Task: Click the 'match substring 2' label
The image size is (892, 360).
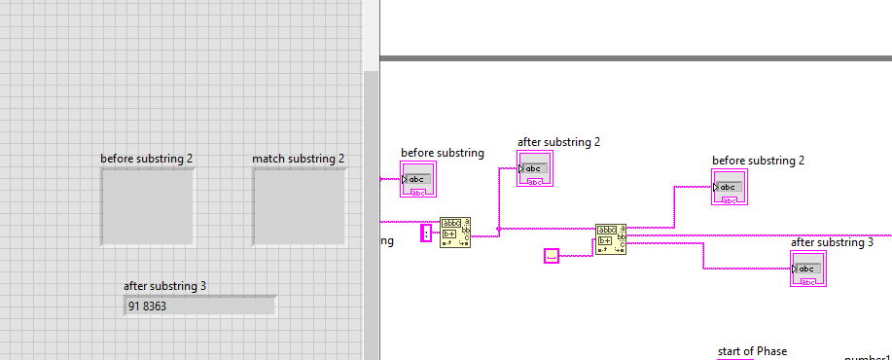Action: coord(298,159)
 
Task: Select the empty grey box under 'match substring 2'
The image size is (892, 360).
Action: coord(299,207)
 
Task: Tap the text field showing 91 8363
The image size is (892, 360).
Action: coord(199,306)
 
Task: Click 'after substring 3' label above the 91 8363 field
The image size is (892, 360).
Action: coord(165,286)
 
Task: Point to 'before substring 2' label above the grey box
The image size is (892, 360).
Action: coord(147,159)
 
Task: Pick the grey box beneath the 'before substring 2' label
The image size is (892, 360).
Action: coord(147,207)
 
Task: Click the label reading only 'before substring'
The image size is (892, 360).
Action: coord(443,153)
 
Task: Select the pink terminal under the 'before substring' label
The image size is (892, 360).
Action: coord(418,180)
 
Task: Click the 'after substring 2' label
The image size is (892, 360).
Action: coord(558,142)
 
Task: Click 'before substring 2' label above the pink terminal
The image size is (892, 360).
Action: coord(758,161)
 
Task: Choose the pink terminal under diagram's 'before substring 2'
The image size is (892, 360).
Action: coord(730,188)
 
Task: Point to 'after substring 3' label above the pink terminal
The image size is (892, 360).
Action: coord(832,242)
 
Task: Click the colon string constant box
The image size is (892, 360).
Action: coord(425,233)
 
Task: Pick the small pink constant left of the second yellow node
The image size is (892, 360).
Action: coord(552,255)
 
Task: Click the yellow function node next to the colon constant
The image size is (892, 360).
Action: coord(454,233)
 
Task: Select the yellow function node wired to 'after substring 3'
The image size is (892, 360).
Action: coord(611,239)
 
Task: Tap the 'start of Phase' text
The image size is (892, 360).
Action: coord(752,351)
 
